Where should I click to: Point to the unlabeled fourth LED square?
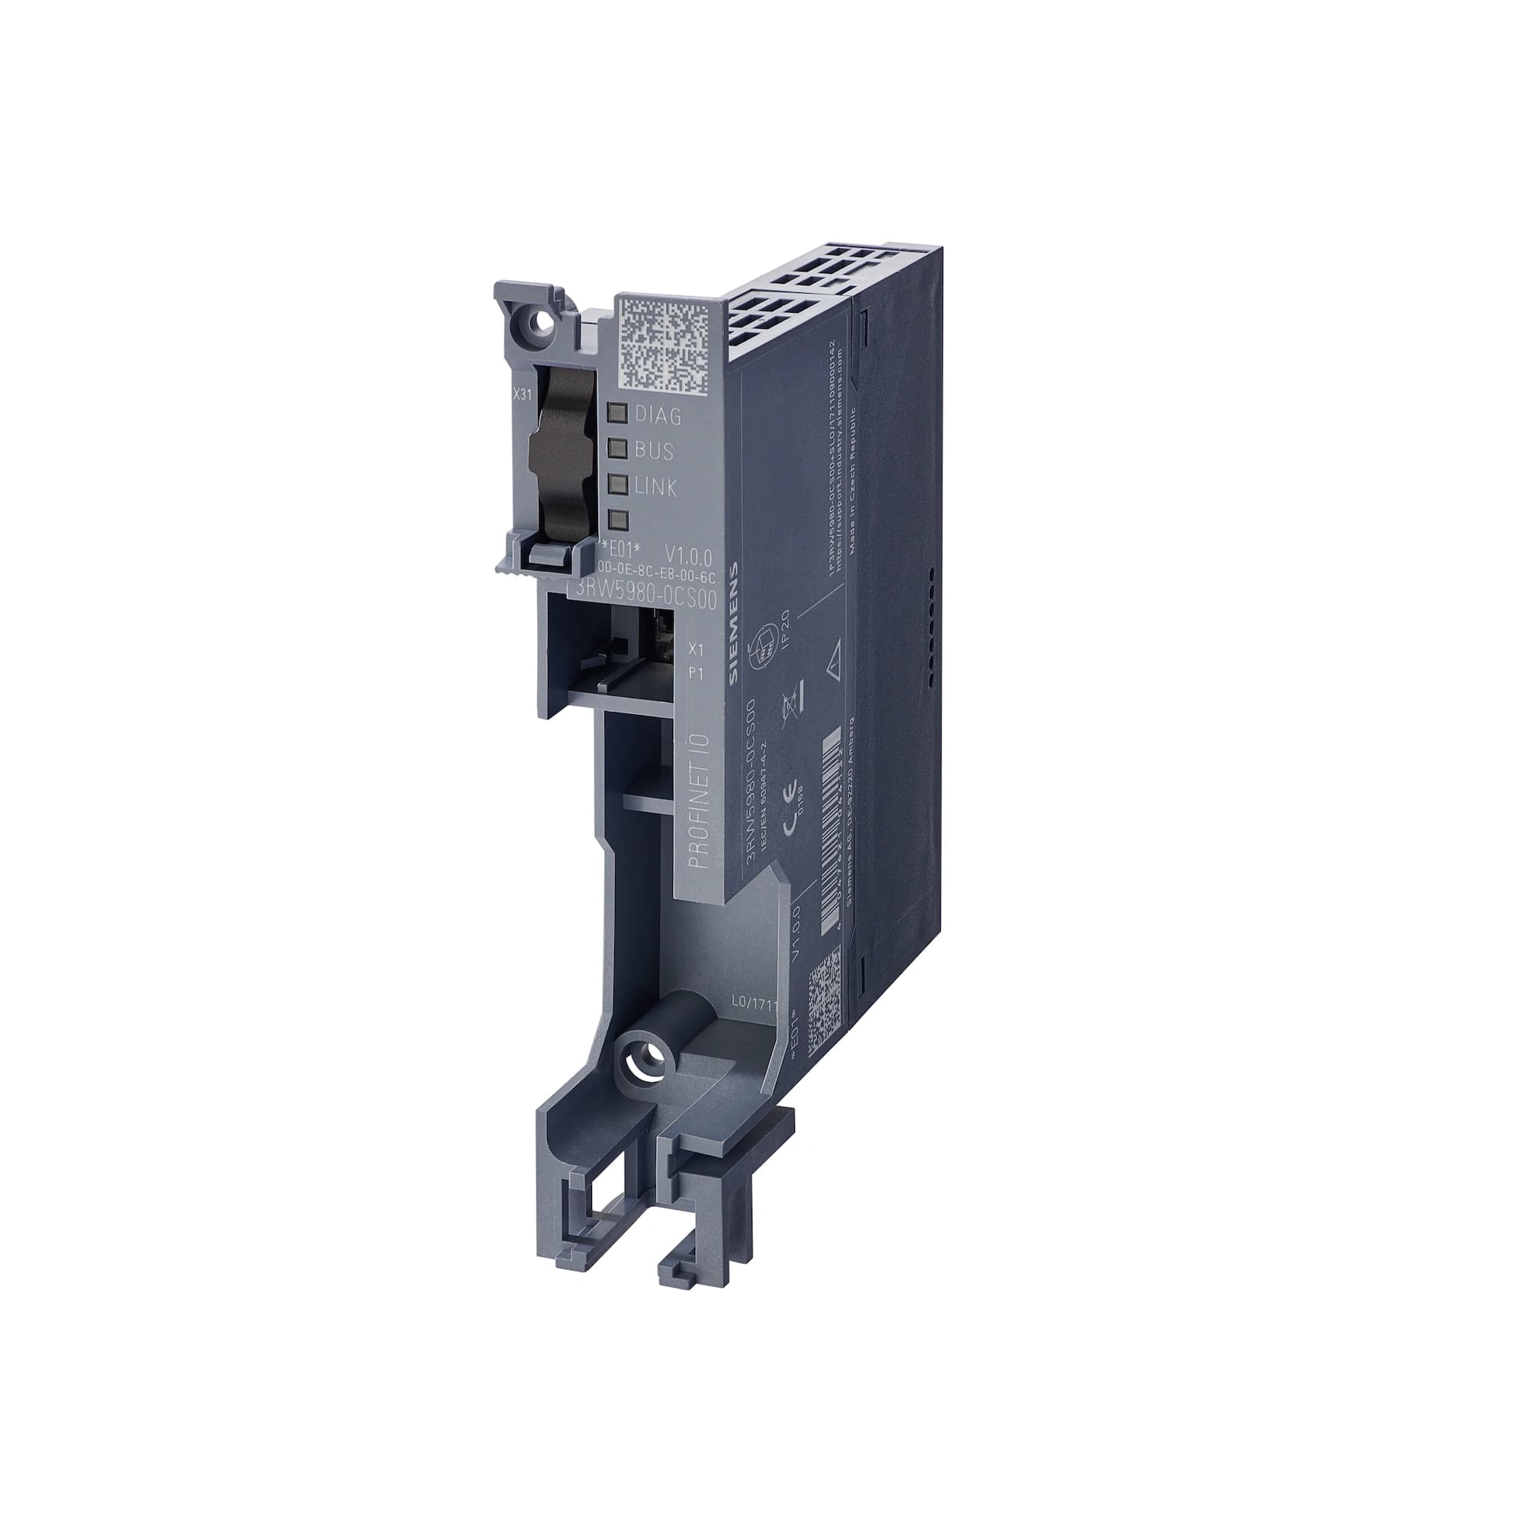click(x=619, y=519)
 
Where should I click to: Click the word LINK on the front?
click(x=655, y=488)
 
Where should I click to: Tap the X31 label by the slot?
click(x=522, y=394)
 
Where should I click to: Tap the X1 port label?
click(x=696, y=649)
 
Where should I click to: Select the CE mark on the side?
click(x=790, y=823)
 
